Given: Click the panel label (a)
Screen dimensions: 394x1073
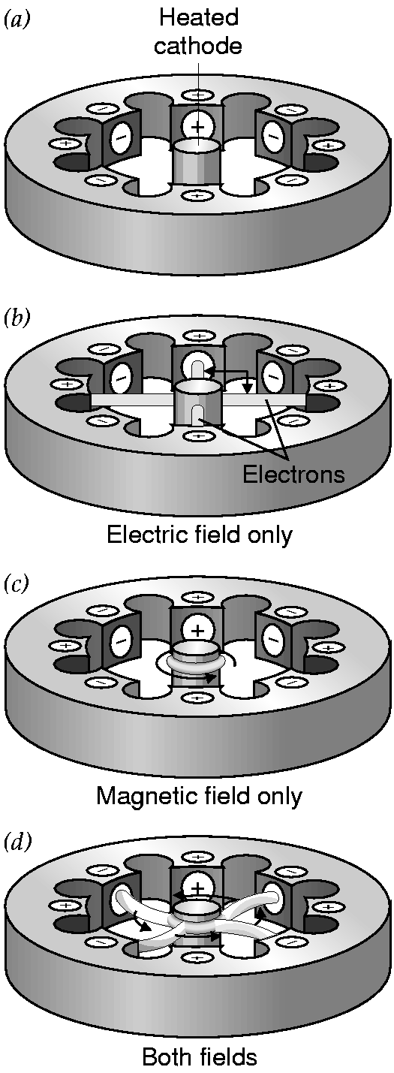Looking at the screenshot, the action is point(17,20).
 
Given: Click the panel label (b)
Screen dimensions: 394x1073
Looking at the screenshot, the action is point(17,318).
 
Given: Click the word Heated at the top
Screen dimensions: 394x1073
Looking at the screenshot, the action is point(199,18).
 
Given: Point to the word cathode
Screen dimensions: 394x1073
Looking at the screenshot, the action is point(197,46).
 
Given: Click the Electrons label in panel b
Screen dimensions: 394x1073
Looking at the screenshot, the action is point(293,474).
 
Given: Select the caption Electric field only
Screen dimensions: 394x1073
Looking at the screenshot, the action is point(199,534).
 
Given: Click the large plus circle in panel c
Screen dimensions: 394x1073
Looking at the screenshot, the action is point(197,631).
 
